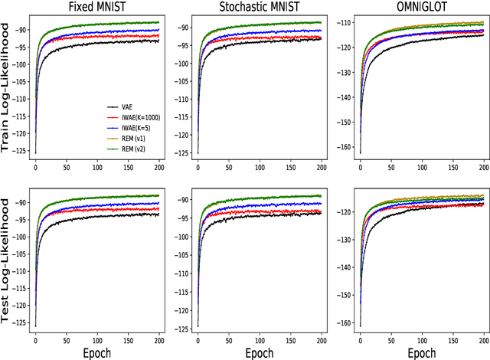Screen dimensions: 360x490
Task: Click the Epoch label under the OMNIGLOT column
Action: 420,353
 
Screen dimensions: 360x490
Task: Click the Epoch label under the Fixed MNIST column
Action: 95,353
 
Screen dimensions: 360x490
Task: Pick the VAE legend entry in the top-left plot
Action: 135,107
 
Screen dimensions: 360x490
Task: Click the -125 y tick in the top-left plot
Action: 18,153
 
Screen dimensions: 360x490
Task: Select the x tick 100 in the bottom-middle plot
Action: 259,338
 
